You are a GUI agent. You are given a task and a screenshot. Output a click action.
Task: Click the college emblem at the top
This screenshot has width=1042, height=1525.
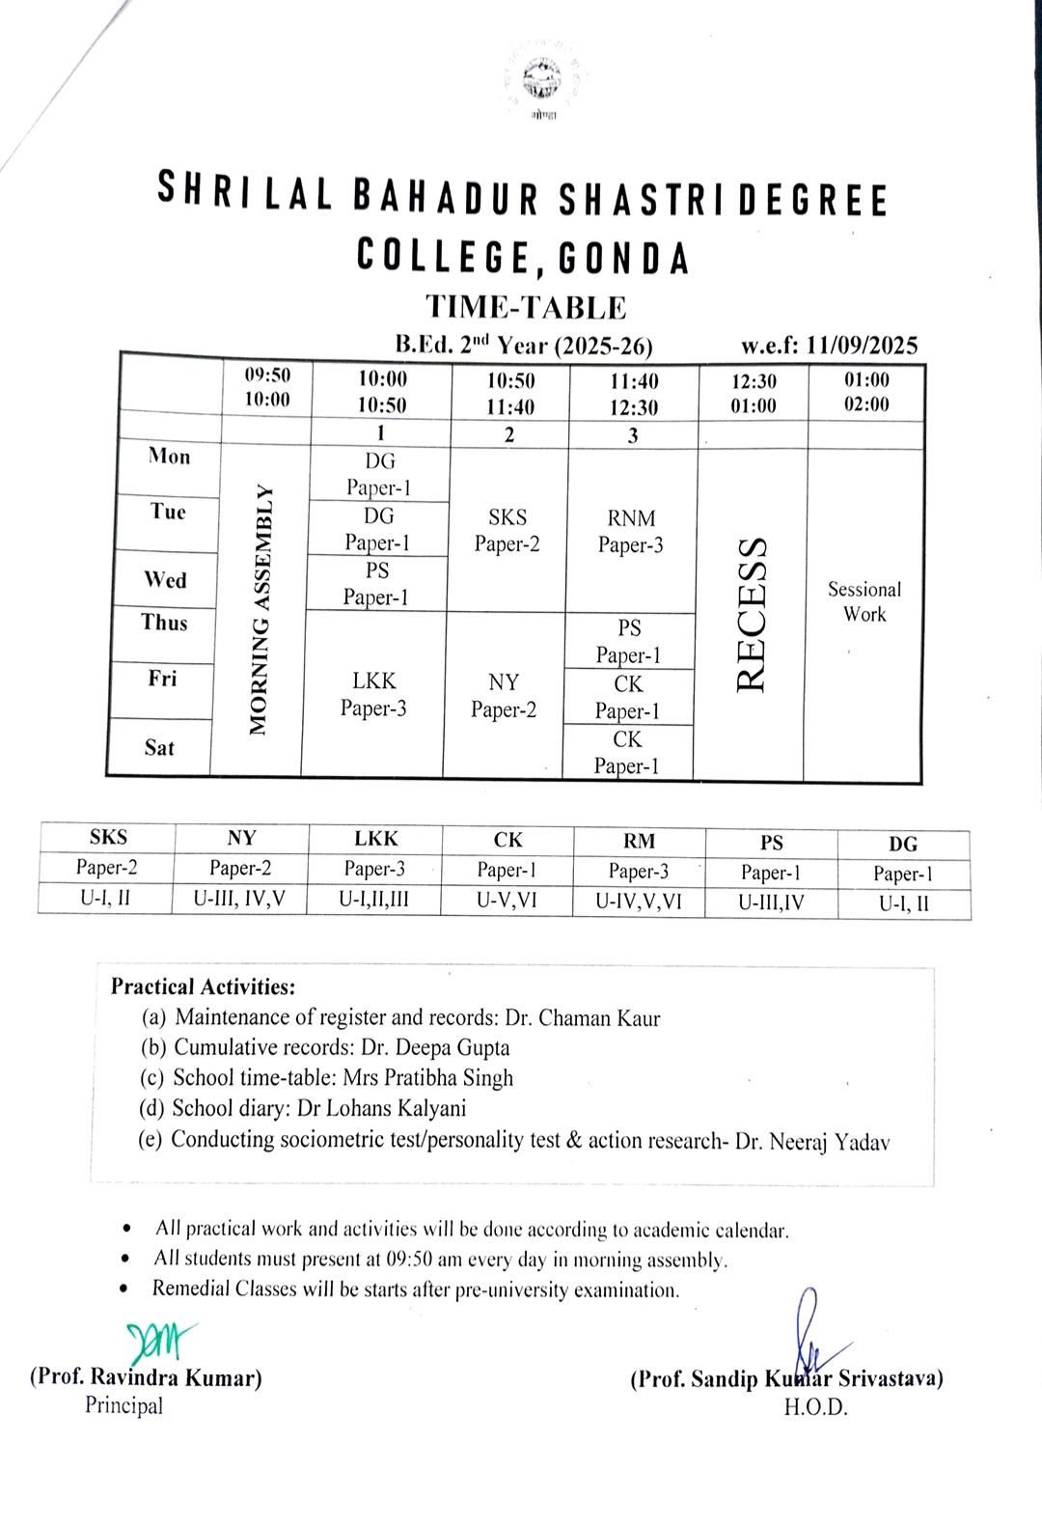coord(543,80)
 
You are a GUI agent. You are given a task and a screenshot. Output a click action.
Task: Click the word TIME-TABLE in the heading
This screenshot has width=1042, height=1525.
coord(526,307)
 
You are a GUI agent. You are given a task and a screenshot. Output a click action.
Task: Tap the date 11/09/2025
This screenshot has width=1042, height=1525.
coord(862,346)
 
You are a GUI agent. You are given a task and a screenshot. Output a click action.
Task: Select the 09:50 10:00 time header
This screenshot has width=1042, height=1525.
coord(266,387)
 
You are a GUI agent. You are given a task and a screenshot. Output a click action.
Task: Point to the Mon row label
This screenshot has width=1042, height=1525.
coord(169,457)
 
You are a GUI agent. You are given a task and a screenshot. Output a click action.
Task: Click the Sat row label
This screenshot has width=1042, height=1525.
coord(159,747)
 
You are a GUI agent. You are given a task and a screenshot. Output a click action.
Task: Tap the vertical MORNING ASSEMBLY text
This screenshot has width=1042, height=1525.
coord(258,611)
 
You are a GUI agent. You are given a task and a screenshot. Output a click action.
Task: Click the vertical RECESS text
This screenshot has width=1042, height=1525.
coord(752,613)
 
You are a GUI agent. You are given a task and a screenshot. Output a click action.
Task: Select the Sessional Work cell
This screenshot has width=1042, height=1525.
coord(864,601)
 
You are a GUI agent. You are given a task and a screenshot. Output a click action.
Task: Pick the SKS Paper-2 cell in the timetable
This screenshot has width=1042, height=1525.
coord(507,530)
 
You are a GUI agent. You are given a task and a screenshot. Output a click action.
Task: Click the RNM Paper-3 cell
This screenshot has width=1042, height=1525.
coord(631,531)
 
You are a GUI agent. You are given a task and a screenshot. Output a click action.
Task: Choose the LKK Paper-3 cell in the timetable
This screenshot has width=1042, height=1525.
coord(373,694)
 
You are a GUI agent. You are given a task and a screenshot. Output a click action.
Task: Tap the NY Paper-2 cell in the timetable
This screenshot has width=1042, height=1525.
coord(504,695)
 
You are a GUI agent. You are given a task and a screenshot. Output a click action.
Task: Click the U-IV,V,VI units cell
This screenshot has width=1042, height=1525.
coord(639,901)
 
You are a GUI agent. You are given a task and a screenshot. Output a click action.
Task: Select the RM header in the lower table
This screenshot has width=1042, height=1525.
coord(639,841)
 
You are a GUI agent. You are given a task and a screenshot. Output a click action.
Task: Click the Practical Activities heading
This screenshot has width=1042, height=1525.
coord(203,986)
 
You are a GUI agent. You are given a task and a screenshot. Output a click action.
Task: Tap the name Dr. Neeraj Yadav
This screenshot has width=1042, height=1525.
coord(812,1142)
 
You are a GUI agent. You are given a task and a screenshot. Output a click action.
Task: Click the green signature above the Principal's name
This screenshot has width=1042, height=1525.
coord(158,1340)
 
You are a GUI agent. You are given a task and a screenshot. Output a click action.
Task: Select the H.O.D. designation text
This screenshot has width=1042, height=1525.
coord(815,1407)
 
